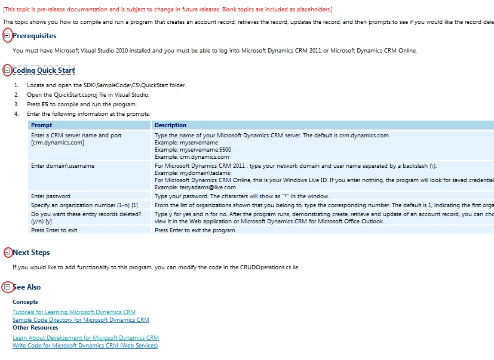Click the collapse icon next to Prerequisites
coord(7,36)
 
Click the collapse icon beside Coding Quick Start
coord(7,70)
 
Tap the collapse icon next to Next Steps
coord(7,253)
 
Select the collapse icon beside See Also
coord(7,287)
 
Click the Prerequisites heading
coord(34,36)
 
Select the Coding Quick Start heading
coord(44,70)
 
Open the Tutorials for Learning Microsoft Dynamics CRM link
coord(74,312)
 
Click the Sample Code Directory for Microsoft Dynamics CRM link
coord(81,320)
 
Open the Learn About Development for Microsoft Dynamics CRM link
coord(85,338)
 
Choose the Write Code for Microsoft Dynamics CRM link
coord(85,346)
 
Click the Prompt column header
coord(42,125)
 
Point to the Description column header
coord(170,125)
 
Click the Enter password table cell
coord(51,196)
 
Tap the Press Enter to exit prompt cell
coord(54,230)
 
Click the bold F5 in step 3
coord(45,104)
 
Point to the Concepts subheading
coord(25,302)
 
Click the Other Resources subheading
coord(35,328)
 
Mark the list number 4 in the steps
coord(16,114)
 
